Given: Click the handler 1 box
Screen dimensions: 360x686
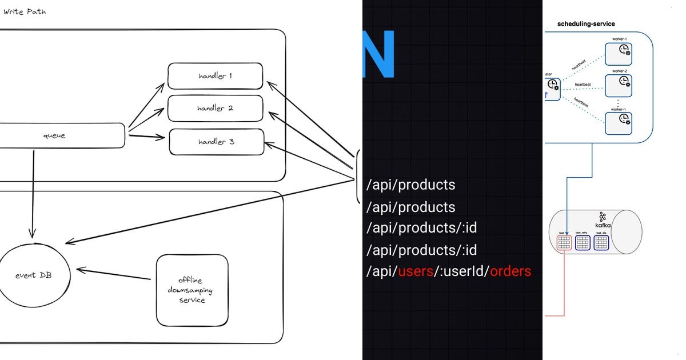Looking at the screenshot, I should point(215,76).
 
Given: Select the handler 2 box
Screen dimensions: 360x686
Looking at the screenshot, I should point(215,109).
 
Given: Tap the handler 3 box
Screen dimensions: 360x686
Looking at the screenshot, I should point(216,142).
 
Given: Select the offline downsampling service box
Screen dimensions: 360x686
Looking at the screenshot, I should point(192,290).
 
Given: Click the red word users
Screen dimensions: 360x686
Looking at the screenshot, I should point(415,271).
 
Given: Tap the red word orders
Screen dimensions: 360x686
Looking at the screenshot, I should point(510,271).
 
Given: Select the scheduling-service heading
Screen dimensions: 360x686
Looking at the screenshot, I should point(586,24).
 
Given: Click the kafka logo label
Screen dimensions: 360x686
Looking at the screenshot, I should point(603,220).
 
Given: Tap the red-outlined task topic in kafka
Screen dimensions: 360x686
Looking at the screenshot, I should point(564,243).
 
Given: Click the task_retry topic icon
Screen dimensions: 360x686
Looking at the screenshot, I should point(583,243).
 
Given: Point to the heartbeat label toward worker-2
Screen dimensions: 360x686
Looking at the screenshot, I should point(583,84).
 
